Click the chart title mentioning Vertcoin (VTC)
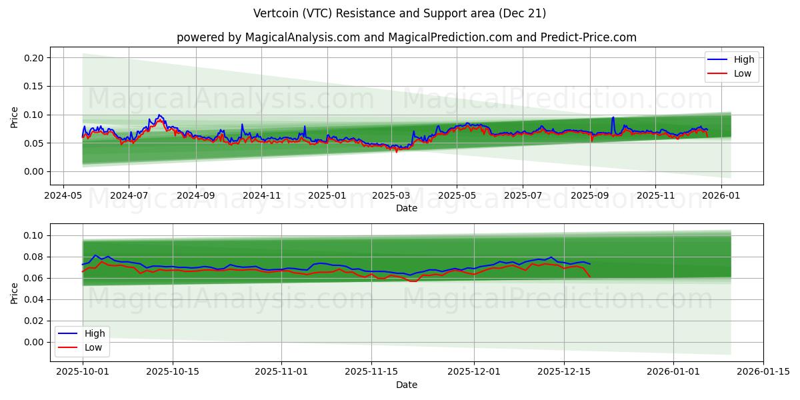(x=400, y=13)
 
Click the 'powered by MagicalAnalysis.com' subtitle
(x=406, y=37)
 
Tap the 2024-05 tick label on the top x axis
(x=63, y=196)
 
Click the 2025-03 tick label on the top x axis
(x=391, y=196)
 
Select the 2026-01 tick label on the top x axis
(x=721, y=196)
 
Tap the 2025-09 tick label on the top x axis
(x=589, y=196)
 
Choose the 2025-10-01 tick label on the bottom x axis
(x=83, y=372)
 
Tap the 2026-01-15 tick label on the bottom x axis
(x=763, y=372)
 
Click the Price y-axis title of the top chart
(x=15, y=116)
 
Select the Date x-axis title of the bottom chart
(x=406, y=385)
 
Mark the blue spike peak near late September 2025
(x=613, y=117)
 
